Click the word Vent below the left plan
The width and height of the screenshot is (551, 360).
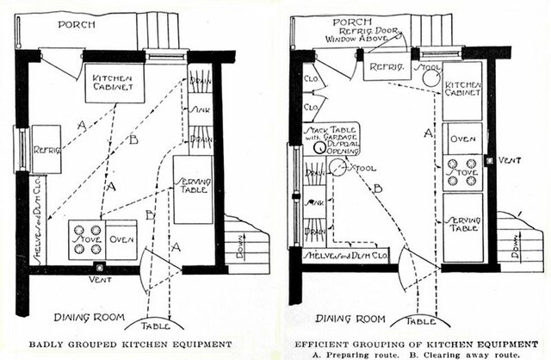tap(102, 280)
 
